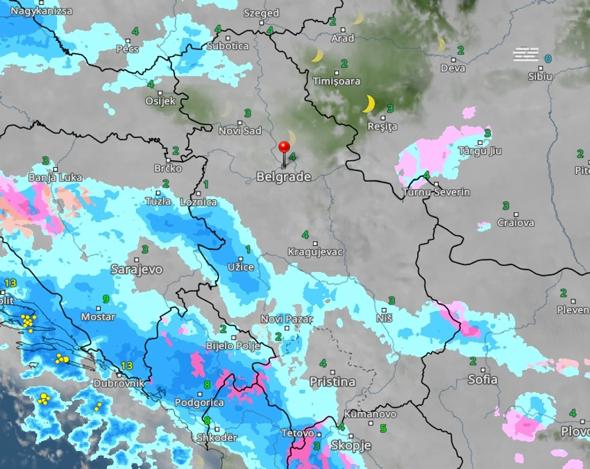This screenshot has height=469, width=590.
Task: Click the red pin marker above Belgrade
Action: (x=284, y=147)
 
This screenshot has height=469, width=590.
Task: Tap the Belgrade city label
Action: (x=283, y=177)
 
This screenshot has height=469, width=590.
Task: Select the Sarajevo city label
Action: (x=136, y=268)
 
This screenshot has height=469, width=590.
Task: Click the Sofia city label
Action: (x=482, y=380)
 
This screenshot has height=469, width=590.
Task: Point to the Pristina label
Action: (x=332, y=382)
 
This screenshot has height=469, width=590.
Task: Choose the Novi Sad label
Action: (x=239, y=131)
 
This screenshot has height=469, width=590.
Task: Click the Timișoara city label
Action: (x=337, y=81)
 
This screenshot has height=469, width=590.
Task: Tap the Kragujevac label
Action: (x=316, y=252)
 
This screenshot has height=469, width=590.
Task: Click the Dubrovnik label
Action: (x=120, y=383)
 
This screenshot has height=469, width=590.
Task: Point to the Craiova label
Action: (x=516, y=223)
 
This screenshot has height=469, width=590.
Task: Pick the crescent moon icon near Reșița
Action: (x=369, y=104)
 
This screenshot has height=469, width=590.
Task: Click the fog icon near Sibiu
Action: (x=525, y=54)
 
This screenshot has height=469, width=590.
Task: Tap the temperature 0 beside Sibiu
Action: (x=548, y=59)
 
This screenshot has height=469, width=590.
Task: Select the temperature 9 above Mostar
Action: (x=106, y=299)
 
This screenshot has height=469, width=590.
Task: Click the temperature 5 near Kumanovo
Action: (x=382, y=428)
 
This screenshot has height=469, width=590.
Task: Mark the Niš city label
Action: (x=385, y=318)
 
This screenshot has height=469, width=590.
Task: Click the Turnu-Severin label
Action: (x=436, y=192)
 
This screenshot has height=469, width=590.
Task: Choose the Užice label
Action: (x=240, y=267)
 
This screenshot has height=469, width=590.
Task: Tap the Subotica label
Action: (x=227, y=46)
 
